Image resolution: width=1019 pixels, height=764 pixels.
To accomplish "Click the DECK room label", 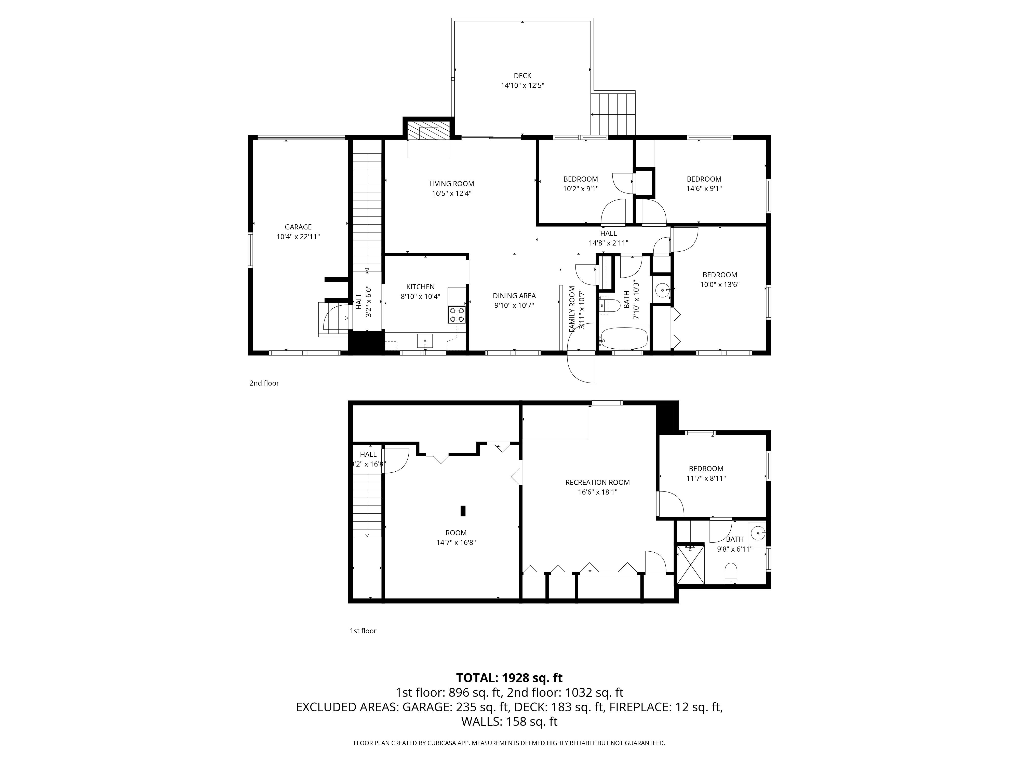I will (522, 76).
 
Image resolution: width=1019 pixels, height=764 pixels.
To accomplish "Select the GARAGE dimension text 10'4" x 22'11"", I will (298, 237).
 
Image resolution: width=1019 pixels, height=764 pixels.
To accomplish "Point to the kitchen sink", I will (425, 341).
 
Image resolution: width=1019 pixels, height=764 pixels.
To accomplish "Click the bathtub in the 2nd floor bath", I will (624, 338).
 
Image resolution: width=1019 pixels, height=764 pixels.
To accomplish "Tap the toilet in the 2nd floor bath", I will (613, 305).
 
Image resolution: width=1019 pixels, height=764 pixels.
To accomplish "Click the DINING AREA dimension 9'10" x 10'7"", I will (514, 305).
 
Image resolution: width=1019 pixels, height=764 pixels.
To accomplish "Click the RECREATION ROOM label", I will (597, 482).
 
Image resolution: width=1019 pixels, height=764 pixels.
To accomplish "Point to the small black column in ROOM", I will (463, 511).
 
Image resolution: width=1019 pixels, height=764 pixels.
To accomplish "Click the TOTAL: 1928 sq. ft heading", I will (509, 678).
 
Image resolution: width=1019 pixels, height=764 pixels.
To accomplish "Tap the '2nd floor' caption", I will (264, 383).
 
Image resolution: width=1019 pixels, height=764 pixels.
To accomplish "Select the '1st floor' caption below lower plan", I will (363, 631).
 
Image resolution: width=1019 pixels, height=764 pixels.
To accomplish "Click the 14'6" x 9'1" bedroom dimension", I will (704, 188).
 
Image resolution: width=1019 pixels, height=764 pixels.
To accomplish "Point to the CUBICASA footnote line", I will (509, 743).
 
